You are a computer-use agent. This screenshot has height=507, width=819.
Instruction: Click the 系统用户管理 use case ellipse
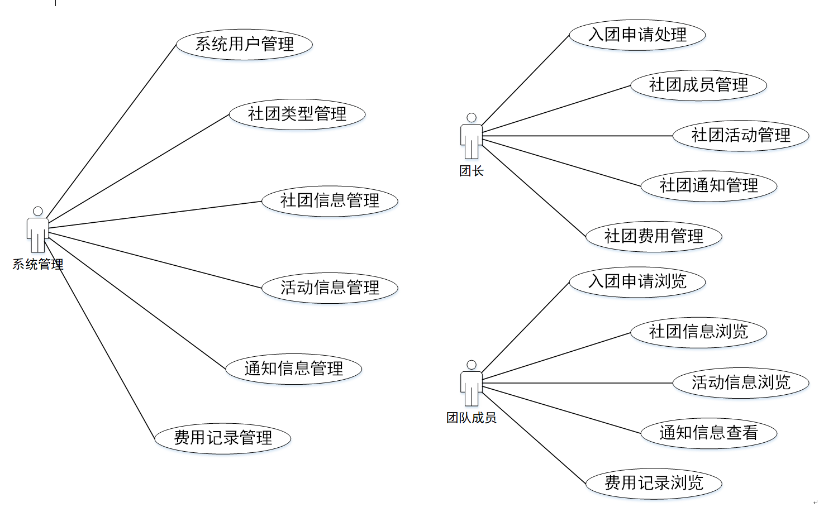(x=244, y=44)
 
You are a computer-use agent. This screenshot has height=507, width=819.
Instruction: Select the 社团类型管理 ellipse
(x=297, y=114)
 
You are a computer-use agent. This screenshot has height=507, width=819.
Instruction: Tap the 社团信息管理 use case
(x=330, y=201)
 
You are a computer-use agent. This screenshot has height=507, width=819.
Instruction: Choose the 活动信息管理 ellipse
(x=330, y=288)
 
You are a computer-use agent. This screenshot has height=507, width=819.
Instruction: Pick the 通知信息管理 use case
(x=294, y=369)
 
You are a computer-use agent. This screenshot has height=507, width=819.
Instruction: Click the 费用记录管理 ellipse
(x=223, y=438)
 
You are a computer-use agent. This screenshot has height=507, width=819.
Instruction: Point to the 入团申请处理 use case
(x=637, y=35)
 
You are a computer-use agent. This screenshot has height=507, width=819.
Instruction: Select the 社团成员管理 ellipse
(x=698, y=85)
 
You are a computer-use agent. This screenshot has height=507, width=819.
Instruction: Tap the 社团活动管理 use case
(x=741, y=136)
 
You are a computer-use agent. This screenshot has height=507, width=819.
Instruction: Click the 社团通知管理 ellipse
(x=708, y=186)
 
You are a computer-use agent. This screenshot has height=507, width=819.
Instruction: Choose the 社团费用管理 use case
(x=654, y=236)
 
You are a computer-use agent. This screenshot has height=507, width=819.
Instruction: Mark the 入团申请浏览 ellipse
(x=637, y=281)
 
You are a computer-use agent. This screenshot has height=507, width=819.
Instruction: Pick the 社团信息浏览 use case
(x=698, y=332)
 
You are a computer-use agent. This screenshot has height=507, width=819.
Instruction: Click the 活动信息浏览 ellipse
(x=741, y=382)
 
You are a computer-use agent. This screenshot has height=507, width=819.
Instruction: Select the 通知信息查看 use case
(x=708, y=433)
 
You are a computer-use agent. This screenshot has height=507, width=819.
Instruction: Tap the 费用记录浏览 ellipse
(x=654, y=483)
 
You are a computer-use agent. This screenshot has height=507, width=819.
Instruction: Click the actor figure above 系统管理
(x=37, y=230)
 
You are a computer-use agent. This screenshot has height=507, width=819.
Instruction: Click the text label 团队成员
(x=471, y=418)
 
